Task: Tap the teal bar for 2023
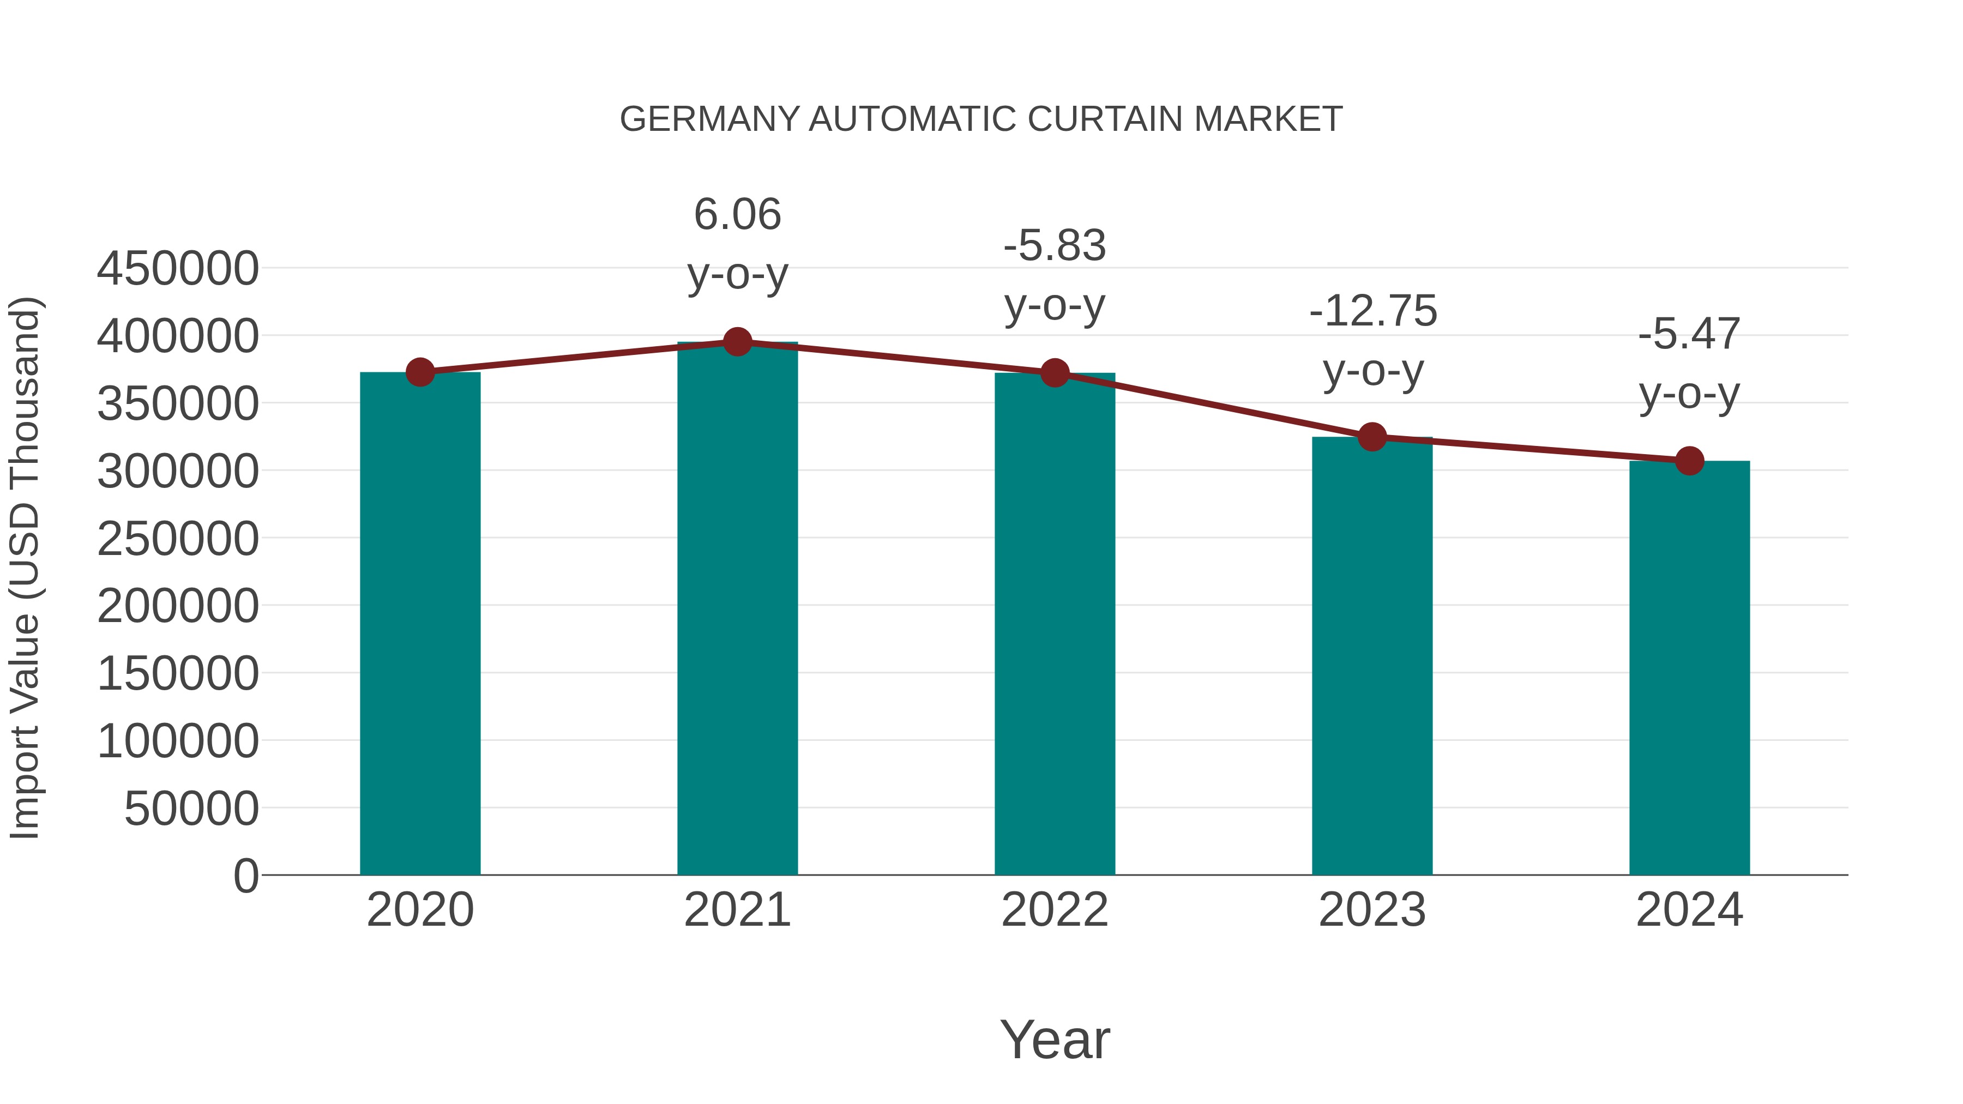[1372, 655]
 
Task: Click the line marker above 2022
[1055, 373]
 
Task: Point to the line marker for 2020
[420, 372]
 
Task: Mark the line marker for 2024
[1689, 460]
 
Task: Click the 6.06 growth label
[737, 214]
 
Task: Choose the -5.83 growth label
[1055, 245]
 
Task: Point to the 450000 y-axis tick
[178, 268]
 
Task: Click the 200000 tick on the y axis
[178, 606]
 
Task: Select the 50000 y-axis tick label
[191, 809]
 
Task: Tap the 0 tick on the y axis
[245, 876]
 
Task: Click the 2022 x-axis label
[1055, 910]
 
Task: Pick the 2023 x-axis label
[1372, 910]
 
